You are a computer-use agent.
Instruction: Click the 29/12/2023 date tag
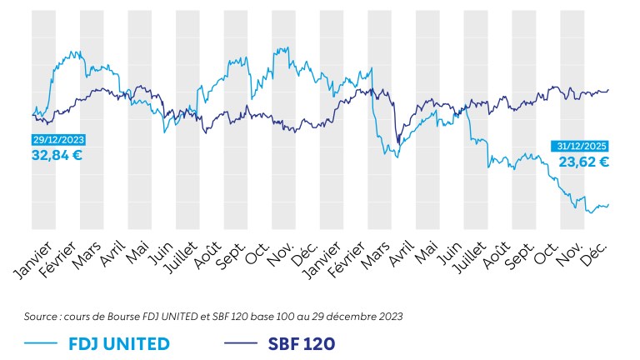(58, 140)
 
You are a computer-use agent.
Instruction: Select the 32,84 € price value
(57, 155)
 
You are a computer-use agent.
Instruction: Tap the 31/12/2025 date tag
(580, 147)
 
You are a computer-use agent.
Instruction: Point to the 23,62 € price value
(583, 162)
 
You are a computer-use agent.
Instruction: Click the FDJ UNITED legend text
(120, 343)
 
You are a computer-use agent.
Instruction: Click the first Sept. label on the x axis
(227, 252)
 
